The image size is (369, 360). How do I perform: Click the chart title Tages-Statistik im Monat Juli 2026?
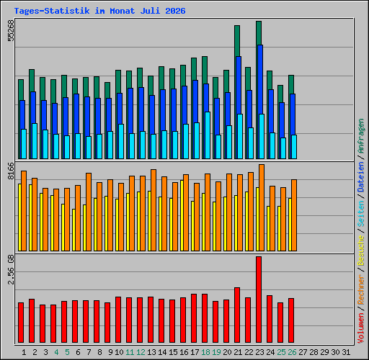[x=99, y=11]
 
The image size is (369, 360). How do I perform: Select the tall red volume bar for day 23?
[x=259, y=300]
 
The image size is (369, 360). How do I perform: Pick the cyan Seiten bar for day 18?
[x=208, y=135]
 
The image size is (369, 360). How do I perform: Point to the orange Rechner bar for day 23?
[x=262, y=208]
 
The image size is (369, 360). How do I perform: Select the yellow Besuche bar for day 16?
[x=182, y=215]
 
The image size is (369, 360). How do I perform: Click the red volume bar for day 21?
[x=237, y=315]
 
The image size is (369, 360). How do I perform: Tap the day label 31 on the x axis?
[x=346, y=352]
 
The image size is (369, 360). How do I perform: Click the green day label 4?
[x=56, y=352]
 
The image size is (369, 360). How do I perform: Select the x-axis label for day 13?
[x=151, y=352]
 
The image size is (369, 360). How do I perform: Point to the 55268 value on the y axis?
[x=11, y=30]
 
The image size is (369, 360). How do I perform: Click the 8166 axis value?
[x=11, y=171]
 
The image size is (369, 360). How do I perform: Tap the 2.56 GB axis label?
[x=11, y=270]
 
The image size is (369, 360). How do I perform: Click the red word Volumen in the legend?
[x=361, y=328]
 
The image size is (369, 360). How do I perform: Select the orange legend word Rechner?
[x=361, y=290]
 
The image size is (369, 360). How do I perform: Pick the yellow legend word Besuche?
[x=361, y=251]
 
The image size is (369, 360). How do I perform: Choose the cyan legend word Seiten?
[x=361, y=214]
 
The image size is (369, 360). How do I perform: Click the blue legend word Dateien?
[x=361, y=177]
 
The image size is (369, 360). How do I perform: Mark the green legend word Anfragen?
[x=361, y=136]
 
